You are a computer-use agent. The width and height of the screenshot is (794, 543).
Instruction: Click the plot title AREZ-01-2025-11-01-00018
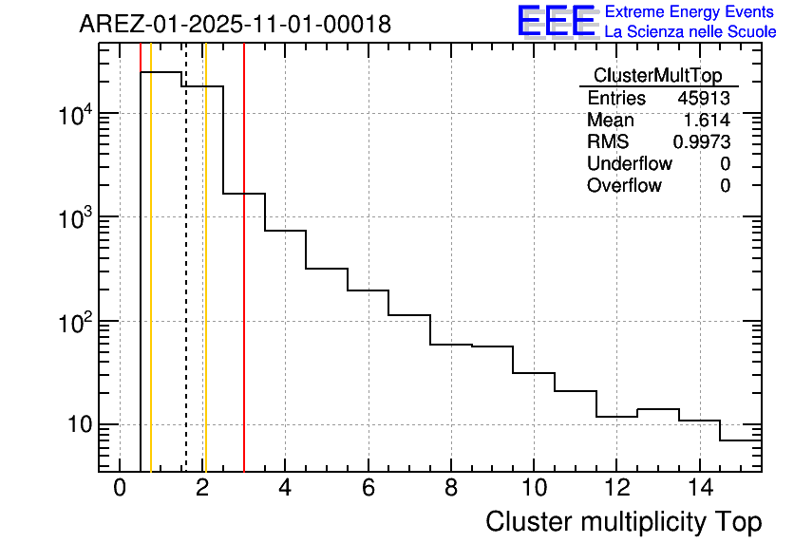235,25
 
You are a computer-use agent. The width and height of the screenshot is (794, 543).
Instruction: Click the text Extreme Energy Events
690,12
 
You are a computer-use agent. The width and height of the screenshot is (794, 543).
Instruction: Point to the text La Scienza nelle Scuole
690,32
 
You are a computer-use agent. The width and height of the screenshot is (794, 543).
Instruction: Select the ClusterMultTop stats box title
657,76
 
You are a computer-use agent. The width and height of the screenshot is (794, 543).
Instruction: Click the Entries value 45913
704,99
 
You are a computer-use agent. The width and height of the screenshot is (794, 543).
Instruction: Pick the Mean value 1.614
708,121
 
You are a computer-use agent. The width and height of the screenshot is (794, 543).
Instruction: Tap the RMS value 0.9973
702,142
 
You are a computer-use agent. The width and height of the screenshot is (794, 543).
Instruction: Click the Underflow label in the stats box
629,164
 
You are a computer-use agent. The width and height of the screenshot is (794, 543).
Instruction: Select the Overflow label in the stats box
624,186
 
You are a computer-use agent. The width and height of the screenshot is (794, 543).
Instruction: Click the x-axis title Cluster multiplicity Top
623,521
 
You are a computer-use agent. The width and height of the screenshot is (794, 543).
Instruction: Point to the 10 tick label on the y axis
78,424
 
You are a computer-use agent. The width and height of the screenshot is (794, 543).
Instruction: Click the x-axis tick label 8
450,489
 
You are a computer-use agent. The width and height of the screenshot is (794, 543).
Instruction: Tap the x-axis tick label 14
698,489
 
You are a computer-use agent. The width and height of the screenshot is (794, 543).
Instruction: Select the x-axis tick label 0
120,489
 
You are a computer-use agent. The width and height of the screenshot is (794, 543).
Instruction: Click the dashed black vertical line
186,285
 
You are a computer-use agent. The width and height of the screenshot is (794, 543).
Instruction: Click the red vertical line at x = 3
244,285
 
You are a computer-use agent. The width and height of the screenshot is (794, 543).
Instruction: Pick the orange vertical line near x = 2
205,285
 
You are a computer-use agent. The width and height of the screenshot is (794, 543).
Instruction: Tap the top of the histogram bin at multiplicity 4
285,231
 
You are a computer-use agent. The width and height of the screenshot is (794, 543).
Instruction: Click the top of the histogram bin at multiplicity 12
616,417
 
